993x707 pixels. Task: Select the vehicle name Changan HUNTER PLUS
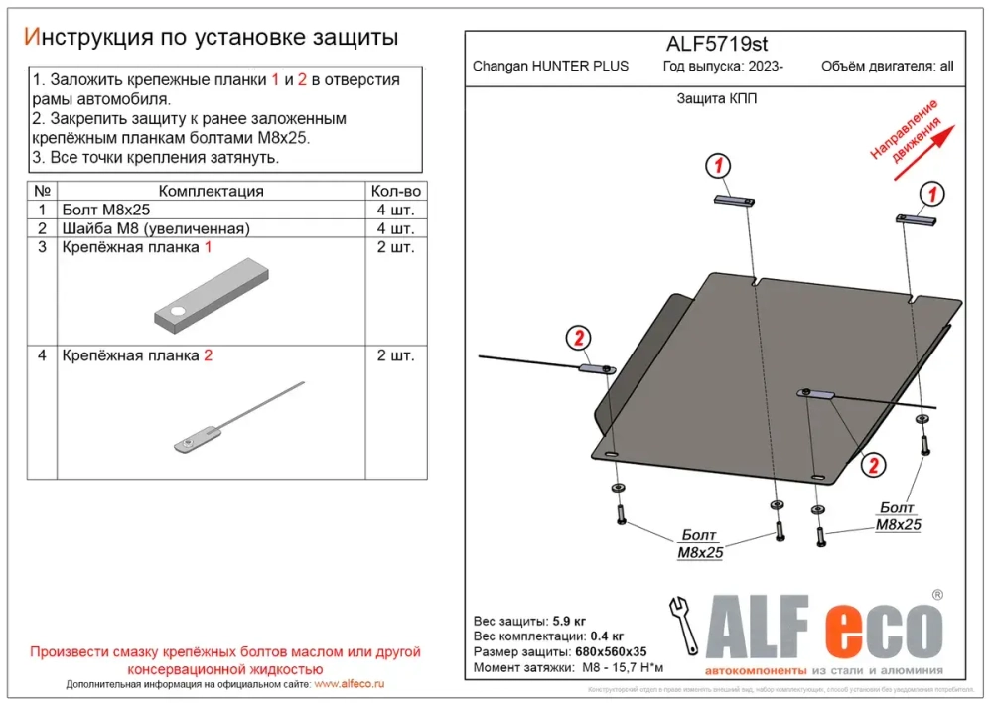coord(550,67)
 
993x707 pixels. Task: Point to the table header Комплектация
coord(211,191)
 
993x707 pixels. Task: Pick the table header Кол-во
coord(395,191)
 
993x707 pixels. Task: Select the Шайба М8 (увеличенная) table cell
coord(156,228)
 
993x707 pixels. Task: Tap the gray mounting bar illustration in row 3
coord(211,294)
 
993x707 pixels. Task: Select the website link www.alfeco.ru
coord(349,684)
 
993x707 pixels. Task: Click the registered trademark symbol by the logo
coord(936,595)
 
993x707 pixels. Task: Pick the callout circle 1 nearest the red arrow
coord(931,193)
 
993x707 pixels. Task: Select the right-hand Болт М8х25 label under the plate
coord(898,517)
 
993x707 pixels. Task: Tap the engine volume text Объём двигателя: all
coord(887,67)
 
